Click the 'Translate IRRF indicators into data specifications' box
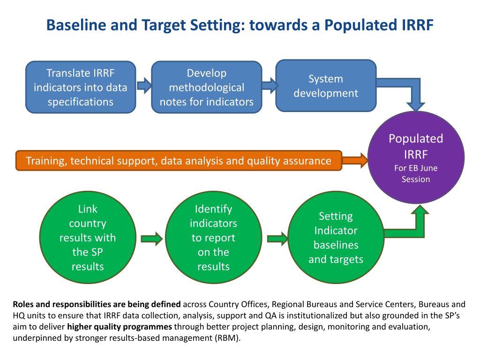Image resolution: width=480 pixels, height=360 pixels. [80, 87]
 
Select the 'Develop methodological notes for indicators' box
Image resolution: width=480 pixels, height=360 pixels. [206, 87]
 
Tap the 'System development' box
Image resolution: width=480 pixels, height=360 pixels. [326, 86]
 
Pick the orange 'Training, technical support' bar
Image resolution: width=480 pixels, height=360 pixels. [179, 161]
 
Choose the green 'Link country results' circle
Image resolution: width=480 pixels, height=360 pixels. [87, 238]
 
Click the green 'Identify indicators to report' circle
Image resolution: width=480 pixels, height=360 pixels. [213, 238]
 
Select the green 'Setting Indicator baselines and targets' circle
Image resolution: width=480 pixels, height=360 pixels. [336, 238]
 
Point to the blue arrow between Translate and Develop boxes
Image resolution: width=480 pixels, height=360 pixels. [144, 86]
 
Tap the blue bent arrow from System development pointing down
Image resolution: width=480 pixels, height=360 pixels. [412, 92]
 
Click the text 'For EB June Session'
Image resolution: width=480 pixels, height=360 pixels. [415, 174]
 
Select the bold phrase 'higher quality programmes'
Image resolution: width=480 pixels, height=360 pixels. [120, 327]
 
